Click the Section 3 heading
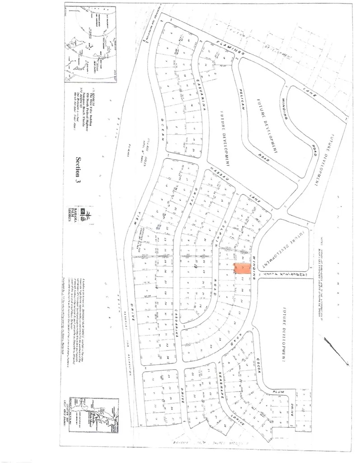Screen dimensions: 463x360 (80, 169)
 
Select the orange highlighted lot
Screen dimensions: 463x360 (242, 269)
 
